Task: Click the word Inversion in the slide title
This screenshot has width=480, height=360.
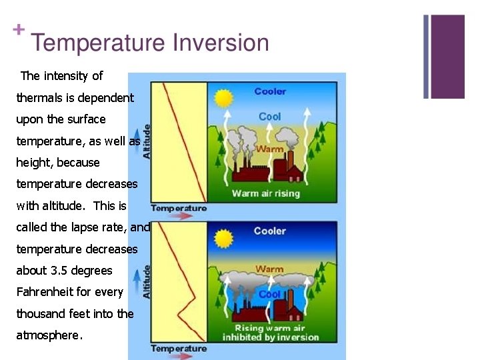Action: pyautogui.click(x=221, y=43)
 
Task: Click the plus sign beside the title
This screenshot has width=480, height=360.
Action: pyautogui.click(x=19, y=29)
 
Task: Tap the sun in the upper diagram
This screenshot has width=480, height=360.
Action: pyautogui.click(x=225, y=99)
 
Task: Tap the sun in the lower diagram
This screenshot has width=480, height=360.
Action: pyautogui.click(x=225, y=238)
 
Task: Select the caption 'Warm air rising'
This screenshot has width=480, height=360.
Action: pyautogui.click(x=266, y=193)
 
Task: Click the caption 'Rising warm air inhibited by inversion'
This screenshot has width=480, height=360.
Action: pyautogui.click(x=270, y=333)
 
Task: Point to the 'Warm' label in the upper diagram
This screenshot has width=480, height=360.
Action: pyautogui.click(x=270, y=149)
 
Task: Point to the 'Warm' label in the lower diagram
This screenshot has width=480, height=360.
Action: pyautogui.click(x=269, y=269)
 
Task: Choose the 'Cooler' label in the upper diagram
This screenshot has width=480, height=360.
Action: pyautogui.click(x=270, y=91)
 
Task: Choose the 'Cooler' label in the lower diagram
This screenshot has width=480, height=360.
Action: pyautogui.click(x=270, y=231)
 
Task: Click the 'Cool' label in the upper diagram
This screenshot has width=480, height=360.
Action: pyautogui.click(x=270, y=117)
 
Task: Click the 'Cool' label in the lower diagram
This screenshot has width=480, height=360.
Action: pyautogui.click(x=270, y=294)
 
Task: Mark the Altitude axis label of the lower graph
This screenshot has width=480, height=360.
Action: pyautogui.click(x=147, y=281)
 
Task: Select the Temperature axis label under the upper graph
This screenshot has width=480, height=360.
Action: pyautogui.click(x=179, y=208)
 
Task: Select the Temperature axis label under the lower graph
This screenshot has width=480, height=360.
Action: pyautogui.click(x=179, y=348)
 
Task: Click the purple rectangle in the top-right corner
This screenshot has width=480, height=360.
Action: pyautogui.click(x=447, y=57)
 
